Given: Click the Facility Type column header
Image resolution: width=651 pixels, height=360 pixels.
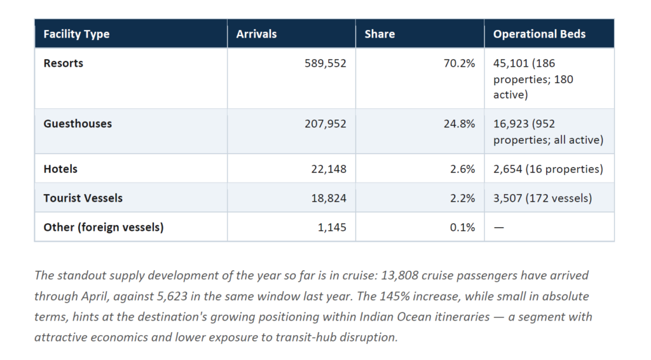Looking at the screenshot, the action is pos(76,34).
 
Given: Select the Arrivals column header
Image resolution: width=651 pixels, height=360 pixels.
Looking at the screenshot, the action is pos(256,34).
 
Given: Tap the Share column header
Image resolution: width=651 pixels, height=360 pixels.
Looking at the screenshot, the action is pos(380,34).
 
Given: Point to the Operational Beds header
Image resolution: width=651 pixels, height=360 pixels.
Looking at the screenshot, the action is pos(539,34).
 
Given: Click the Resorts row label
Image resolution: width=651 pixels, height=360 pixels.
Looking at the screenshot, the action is pos(63,63).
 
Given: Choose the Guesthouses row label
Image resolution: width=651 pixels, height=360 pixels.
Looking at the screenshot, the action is pos(78,124).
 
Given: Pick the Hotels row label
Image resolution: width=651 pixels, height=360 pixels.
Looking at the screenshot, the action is pos(60,169).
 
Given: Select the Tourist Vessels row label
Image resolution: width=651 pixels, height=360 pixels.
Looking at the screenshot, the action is pos(83,198).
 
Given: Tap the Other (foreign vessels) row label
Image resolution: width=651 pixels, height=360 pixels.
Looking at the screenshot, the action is pos(104,227).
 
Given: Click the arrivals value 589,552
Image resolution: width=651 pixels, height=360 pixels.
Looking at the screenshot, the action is pos(325,63).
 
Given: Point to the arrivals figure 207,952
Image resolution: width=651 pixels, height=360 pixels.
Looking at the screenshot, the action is pos(325,124).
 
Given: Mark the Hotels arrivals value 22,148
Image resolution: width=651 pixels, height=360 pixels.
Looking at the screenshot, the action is pos(329,169).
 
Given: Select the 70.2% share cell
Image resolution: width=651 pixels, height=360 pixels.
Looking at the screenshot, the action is pos(459,63).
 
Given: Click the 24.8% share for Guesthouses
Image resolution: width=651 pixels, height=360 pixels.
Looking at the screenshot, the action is pos(459,124).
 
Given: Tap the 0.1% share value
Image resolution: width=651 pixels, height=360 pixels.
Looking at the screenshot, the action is pos(462,227).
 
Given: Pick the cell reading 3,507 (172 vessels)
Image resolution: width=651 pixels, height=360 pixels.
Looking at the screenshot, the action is pos(542,198).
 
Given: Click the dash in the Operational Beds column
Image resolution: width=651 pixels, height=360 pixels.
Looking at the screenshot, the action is pos(498,228).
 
